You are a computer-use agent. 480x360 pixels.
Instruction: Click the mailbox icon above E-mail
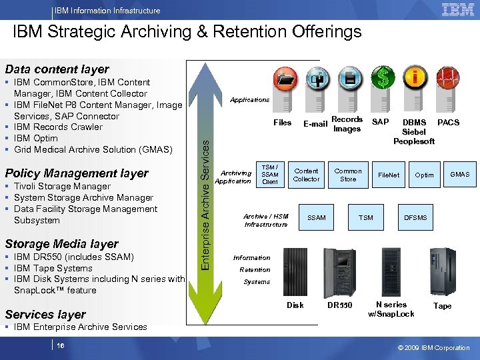coord(317,79)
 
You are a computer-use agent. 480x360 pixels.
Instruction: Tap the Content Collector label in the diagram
coord(307,175)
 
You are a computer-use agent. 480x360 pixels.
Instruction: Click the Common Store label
coord(348,175)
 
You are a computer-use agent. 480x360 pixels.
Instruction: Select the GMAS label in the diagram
coord(459,175)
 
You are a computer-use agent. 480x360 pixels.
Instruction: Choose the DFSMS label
coord(416,217)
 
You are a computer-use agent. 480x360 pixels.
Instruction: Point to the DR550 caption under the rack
coord(340,306)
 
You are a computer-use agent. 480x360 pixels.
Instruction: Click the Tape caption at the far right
coord(442,306)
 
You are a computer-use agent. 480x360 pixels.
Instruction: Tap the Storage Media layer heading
coord(61,244)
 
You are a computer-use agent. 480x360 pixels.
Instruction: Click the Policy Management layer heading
coord(77,173)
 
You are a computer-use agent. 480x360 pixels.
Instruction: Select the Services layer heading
coord(45,314)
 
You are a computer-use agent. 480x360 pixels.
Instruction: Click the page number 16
coord(61,346)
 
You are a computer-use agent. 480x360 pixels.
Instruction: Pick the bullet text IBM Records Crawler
coord(58,127)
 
